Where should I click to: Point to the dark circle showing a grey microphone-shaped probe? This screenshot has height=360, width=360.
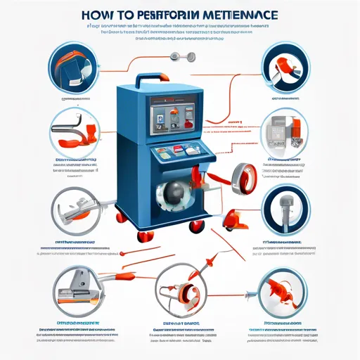(285, 210)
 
